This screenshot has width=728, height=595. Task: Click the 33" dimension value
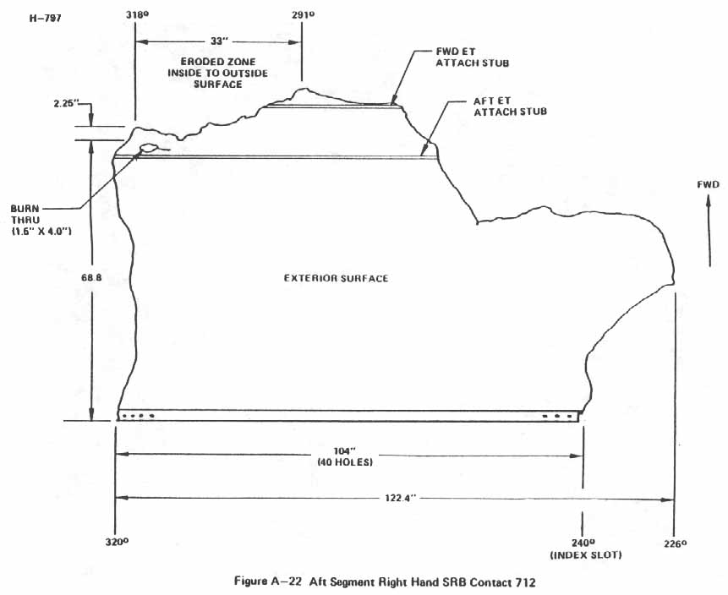point(218,41)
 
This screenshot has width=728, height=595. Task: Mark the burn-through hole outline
point(149,149)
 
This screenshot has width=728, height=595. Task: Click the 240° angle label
point(582,543)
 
